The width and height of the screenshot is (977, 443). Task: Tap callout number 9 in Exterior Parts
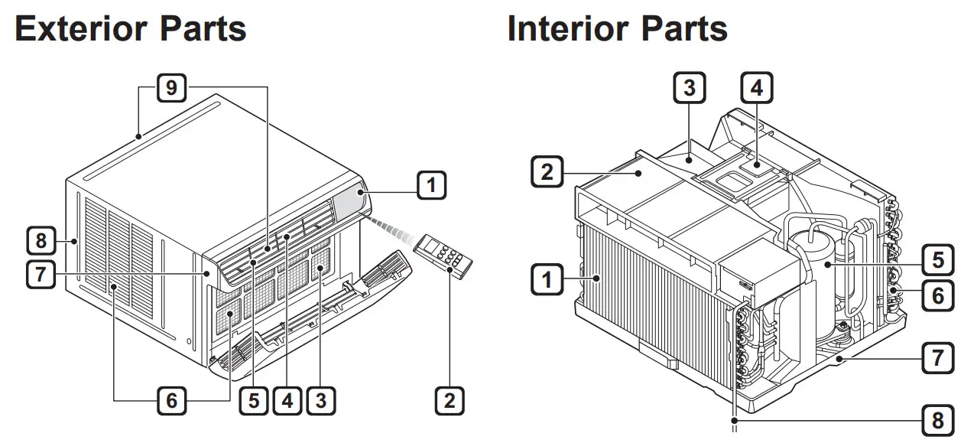171,88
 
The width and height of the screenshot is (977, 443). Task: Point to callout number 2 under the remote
450,399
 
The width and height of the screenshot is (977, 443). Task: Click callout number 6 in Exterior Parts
172,399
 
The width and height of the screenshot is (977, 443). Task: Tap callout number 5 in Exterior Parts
253,399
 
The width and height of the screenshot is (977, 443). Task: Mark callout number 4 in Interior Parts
756,88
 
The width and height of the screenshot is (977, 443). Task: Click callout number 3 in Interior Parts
689,88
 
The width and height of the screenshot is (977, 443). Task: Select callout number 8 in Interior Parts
938,419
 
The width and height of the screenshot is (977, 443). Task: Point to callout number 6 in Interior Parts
938,294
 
